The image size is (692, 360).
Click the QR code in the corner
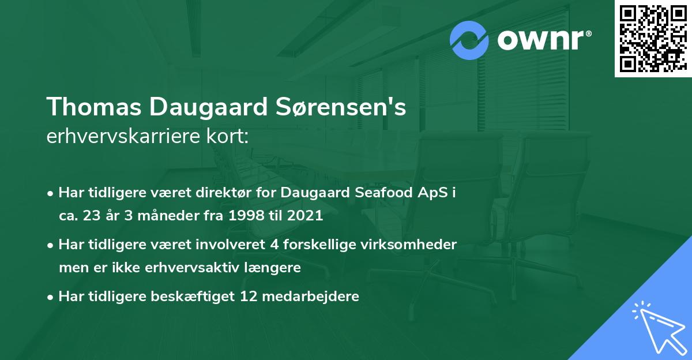[x=653, y=39]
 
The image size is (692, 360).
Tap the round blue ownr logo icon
[x=469, y=40]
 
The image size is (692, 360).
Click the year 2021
[x=303, y=217]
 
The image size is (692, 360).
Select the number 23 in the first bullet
[x=93, y=217]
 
